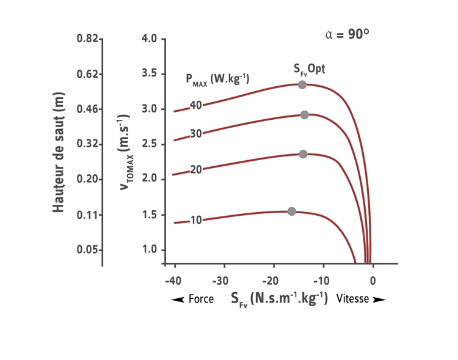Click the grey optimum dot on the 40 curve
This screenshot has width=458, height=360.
[x=302, y=84]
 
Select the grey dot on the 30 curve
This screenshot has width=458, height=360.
[x=304, y=115]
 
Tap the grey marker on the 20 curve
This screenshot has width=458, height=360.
[x=303, y=154]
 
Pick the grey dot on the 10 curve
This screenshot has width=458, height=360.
[x=291, y=211]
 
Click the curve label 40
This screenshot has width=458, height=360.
[x=195, y=105]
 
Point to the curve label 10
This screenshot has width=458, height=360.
[x=195, y=219]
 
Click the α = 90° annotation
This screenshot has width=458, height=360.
[x=347, y=34]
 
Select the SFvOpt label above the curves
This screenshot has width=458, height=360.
[x=308, y=67]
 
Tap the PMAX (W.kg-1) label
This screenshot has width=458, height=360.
[x=217, y=78]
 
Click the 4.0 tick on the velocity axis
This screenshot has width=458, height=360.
[x=150, y=39]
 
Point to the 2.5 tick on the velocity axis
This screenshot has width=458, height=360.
[x=150, y=144]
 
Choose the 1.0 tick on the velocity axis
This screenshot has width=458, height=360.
[x=150, y=249]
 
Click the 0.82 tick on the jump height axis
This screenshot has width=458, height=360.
[x=87, y=39]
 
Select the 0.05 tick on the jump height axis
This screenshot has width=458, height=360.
[x=87, y=249]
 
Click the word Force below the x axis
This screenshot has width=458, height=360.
[x=201, y=300]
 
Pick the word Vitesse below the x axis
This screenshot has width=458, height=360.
[x=352, y=300]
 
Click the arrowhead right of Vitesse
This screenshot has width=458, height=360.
[x=379, y=300]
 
